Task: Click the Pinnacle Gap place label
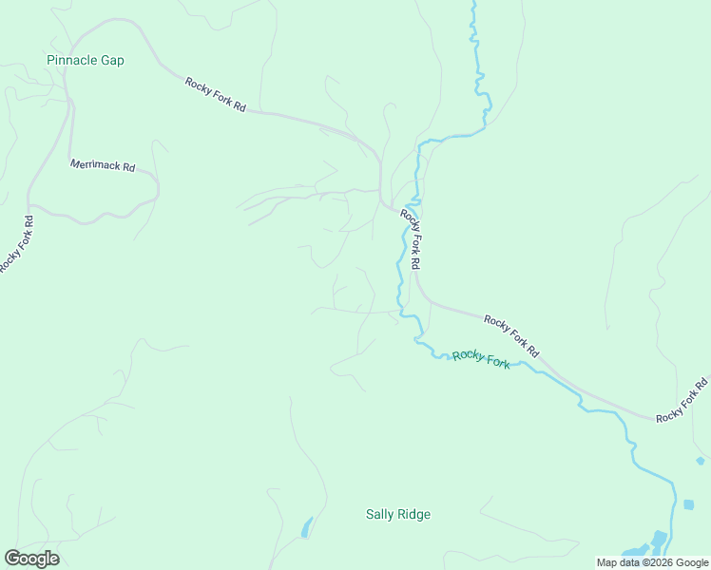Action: [86, 60]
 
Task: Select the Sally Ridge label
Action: [398, 515]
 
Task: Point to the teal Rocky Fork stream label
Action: [481, 359]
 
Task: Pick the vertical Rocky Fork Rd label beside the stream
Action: [410, 238]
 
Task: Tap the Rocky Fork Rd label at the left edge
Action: [16, 244]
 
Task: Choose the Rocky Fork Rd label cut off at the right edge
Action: [682, 400]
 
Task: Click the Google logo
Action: [31, 559]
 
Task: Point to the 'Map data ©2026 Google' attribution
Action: [652, 562]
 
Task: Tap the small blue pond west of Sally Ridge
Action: [306, 527]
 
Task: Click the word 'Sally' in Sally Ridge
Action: [380, 515]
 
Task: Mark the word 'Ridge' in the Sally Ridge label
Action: [413, 515]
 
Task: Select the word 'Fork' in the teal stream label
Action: [496, 362]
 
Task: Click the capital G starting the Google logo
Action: [12, 558]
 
